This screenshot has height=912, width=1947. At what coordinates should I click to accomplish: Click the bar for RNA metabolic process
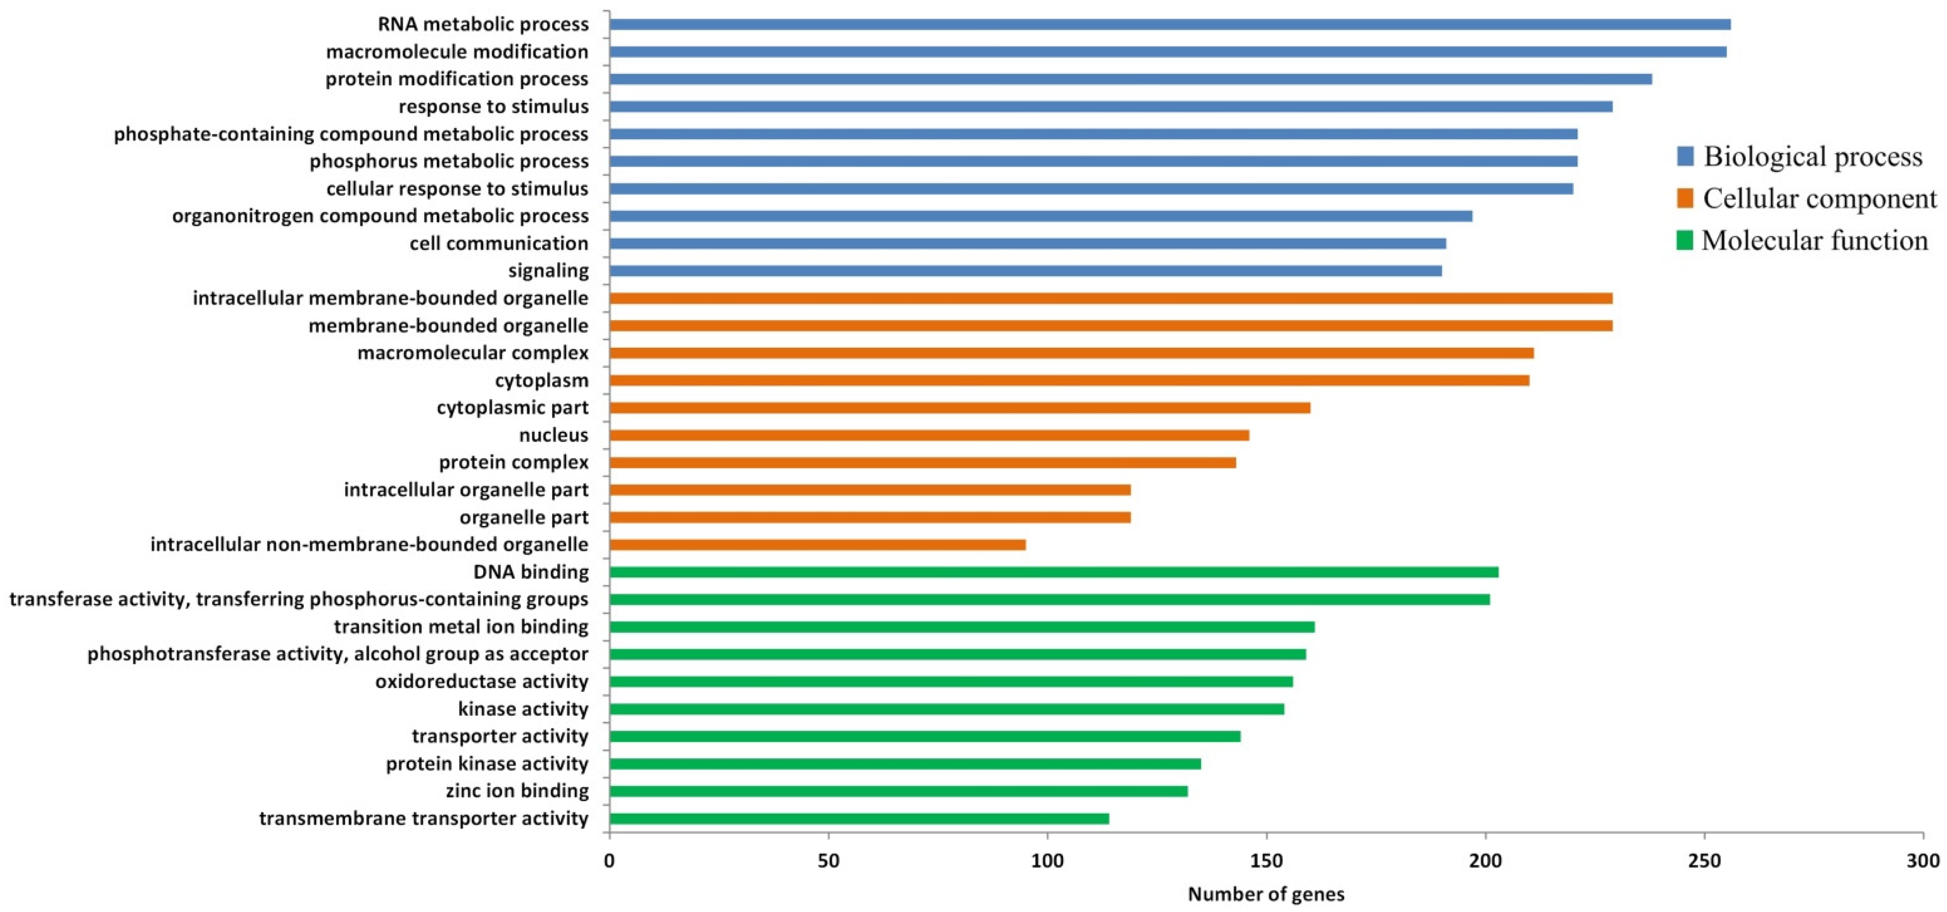tap(1169, 24)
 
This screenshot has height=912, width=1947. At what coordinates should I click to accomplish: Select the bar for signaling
tap(1025, 270)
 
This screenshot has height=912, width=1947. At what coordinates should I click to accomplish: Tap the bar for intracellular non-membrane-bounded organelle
tap(817, 545)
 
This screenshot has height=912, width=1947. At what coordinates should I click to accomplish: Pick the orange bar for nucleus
tap(929, 435)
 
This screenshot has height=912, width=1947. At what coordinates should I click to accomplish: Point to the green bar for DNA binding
tap(1054, 572)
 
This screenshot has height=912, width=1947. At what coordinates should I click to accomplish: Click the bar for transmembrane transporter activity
tap(859, 818)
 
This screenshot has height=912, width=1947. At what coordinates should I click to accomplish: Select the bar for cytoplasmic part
tap(959, 408)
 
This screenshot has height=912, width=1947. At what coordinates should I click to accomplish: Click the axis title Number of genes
tap(1266, 895)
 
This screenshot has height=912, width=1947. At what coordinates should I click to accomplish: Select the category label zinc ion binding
tap(517, 791)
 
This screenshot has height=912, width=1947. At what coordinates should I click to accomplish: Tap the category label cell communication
tap(499, 243)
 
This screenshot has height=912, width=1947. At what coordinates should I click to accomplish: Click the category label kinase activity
tap(523, 709)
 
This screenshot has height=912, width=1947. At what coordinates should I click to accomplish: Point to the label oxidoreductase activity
tap(481, 682)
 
